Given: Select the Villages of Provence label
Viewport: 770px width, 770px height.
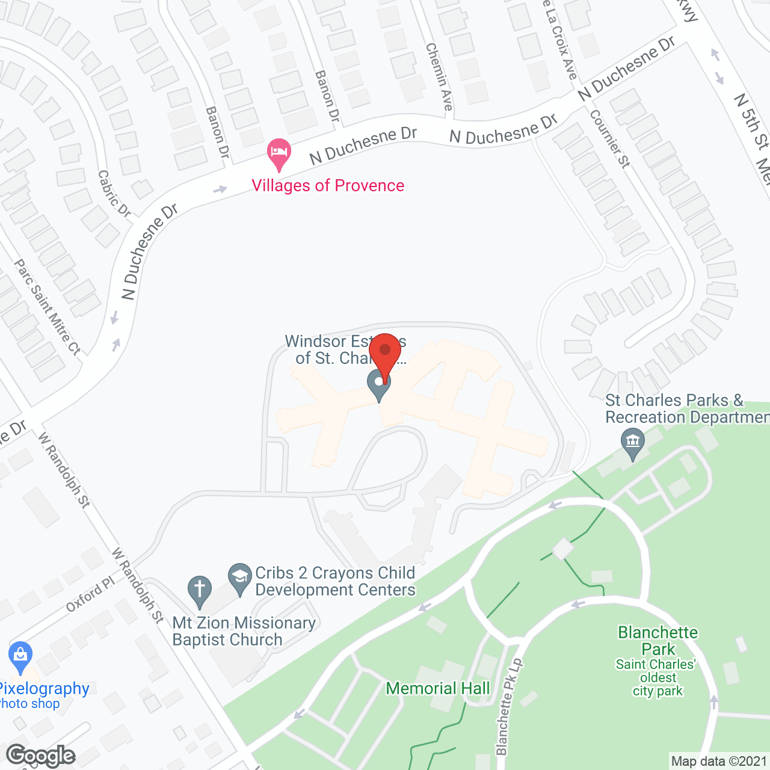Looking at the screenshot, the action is click(328, 185).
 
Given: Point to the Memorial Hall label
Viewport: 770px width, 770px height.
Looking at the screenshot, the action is click(438, 688).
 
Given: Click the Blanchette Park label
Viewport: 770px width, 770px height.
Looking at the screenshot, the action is click(658, 641).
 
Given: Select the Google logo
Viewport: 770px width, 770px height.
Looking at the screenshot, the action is click(41, 756).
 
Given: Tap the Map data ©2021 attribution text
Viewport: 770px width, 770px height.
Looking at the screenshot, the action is click(719, 761).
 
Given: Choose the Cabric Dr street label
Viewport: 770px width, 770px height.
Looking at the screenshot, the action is click(114, 193).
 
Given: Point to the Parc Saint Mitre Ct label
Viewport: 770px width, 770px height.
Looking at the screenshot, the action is click(47, 307).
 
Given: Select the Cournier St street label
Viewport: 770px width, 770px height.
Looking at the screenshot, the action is click(610, 138).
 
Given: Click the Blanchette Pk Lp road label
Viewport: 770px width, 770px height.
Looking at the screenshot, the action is click(509, 707).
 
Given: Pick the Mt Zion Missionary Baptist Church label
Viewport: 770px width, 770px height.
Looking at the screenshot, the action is click(244, 631).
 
